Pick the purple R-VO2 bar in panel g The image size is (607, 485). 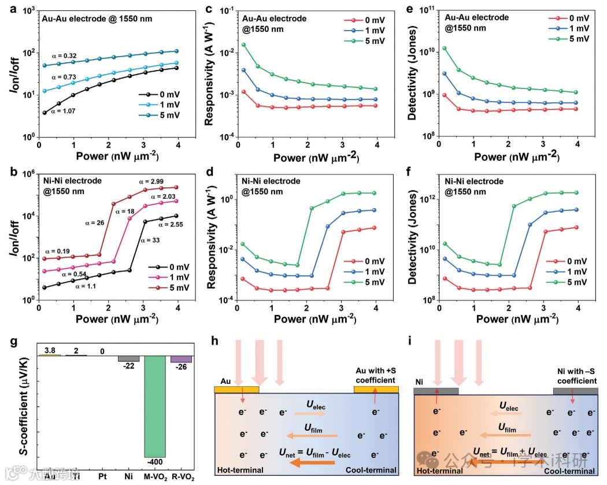coord(181,359)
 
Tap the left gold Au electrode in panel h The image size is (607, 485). coord(236,390)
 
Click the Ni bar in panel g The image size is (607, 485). coord(128,358)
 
